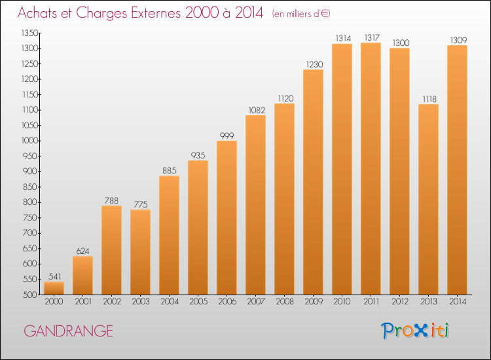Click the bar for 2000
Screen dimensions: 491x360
pos(54,288)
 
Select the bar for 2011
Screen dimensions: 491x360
pos(371,169)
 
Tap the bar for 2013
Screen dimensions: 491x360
pos(428,200)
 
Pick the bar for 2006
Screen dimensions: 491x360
pos(227,217)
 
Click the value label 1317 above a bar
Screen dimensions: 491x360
pos(372,37)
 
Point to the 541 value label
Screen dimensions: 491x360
pos(55,276)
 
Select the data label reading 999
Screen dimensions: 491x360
pos(227,135)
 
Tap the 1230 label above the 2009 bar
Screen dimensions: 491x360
pos(314,65)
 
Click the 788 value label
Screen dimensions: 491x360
pos(111,200)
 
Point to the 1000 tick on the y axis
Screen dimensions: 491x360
pos(29,141)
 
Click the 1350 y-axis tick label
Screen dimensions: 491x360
pos(29,33)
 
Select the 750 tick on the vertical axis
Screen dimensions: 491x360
pos(30,217)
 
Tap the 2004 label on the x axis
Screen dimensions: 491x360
pos(170,302)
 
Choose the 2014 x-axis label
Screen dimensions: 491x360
pos(458,302)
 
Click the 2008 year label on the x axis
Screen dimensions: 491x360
pos(285,302)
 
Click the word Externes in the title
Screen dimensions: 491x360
pos(156,12)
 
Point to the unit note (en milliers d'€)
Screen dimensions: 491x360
pos(301,14)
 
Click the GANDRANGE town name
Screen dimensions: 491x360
pos(68,331)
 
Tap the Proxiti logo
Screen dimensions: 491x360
pos(415,331)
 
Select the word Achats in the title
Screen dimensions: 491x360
pos(37,12)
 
